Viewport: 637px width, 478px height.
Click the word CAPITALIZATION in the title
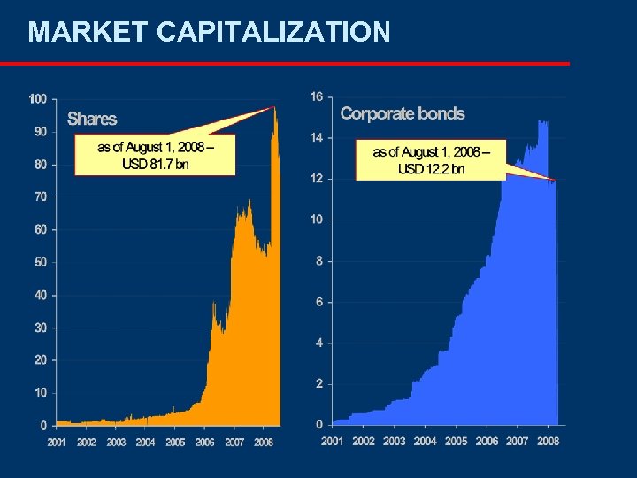point(272,32)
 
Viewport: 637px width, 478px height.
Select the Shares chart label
point(92,119)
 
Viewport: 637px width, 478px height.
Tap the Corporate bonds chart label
point(402,113)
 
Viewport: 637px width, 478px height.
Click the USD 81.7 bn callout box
point(155,156)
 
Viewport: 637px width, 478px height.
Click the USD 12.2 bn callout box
point(430,160)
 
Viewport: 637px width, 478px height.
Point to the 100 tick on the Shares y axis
point(38,98)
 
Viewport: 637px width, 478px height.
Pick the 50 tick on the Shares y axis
point(41,262)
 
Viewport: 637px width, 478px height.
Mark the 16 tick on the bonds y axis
point(317,96)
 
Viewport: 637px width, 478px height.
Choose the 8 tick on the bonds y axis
point(319,261)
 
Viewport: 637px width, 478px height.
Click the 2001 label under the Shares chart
point(57,442)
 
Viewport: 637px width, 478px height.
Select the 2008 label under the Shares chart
point(264,442)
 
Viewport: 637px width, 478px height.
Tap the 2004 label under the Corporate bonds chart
point(425,441)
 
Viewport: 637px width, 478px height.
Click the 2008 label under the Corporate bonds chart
point(549,441)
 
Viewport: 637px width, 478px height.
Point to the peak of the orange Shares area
point(275,110)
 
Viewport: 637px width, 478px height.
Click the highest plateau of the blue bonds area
point(542,125)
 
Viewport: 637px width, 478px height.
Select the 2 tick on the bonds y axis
point(319,384)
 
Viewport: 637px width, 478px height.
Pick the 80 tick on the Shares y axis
point(41,164)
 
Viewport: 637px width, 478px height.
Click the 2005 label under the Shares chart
point(175,442)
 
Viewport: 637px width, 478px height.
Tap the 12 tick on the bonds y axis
point(317,179)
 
